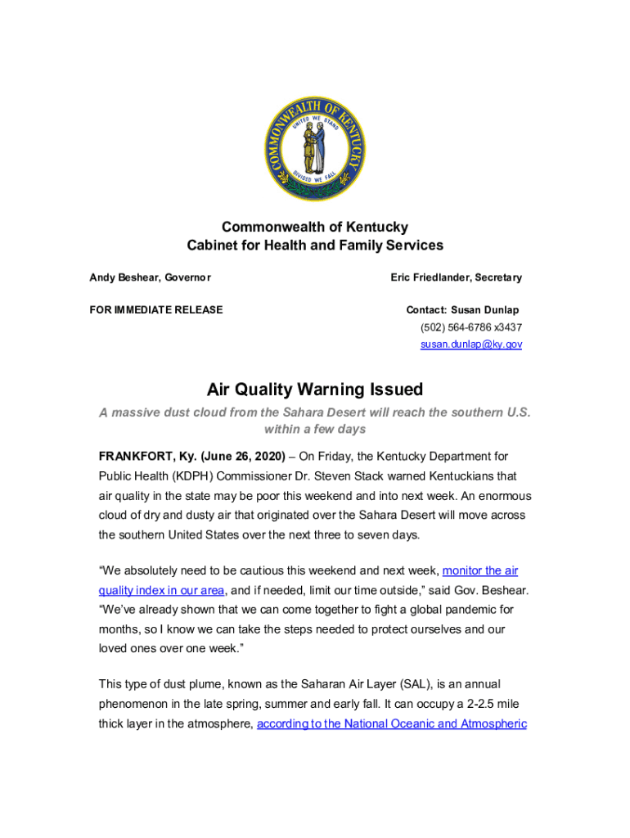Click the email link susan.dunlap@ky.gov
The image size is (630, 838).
click(471, 345)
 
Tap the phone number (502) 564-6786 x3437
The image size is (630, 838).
click(471, 327)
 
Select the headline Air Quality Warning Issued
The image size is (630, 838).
click(314, 389)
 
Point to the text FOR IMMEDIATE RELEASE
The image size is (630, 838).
click(155, 310)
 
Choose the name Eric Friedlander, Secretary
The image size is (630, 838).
click(456, 277)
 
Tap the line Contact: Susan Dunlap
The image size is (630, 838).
click(462, 310)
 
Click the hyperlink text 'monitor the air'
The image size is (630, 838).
click(479, 570)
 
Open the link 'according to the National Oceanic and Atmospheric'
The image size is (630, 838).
click(391, 723)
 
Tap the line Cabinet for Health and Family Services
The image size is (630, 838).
click(315, 245)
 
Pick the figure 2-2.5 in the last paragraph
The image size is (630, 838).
click(470, 704)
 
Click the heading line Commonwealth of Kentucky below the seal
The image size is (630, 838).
click(315, 227)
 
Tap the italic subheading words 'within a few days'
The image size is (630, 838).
click(315, 429)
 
